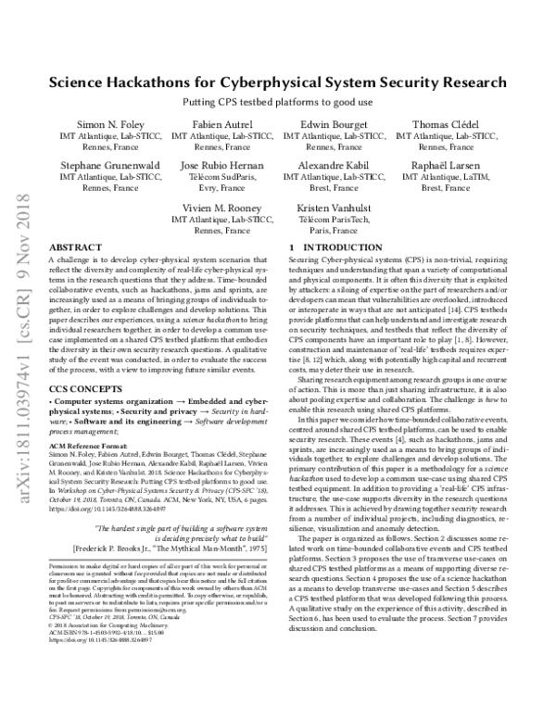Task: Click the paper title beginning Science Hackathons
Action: click(278, 82)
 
